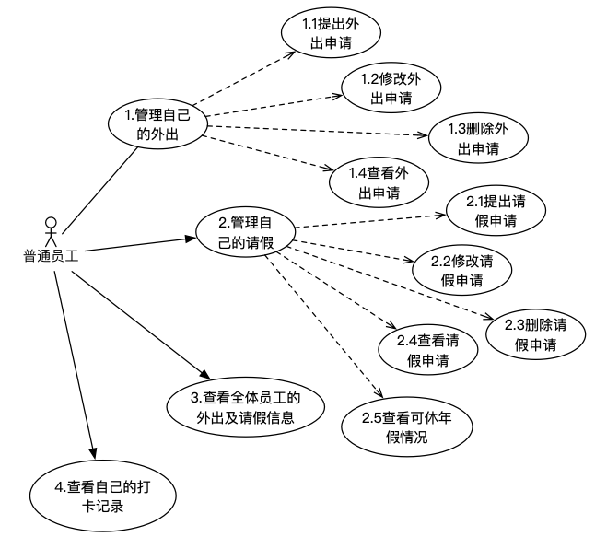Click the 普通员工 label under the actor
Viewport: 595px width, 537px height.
pyautogui.click(x=51, y=257)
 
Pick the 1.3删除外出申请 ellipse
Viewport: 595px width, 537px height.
pyautogui.click(x=478, y=138)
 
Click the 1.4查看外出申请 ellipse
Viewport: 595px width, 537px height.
pyautogui.click(x=379, y=183)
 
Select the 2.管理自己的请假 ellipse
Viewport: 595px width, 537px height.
pyautogui.click(x=244, y=232)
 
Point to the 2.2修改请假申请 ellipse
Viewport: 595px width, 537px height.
pyautogui.click(x=461, y=270)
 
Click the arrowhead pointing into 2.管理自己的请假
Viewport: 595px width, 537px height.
pyautogui.click(x=192, y=239)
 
